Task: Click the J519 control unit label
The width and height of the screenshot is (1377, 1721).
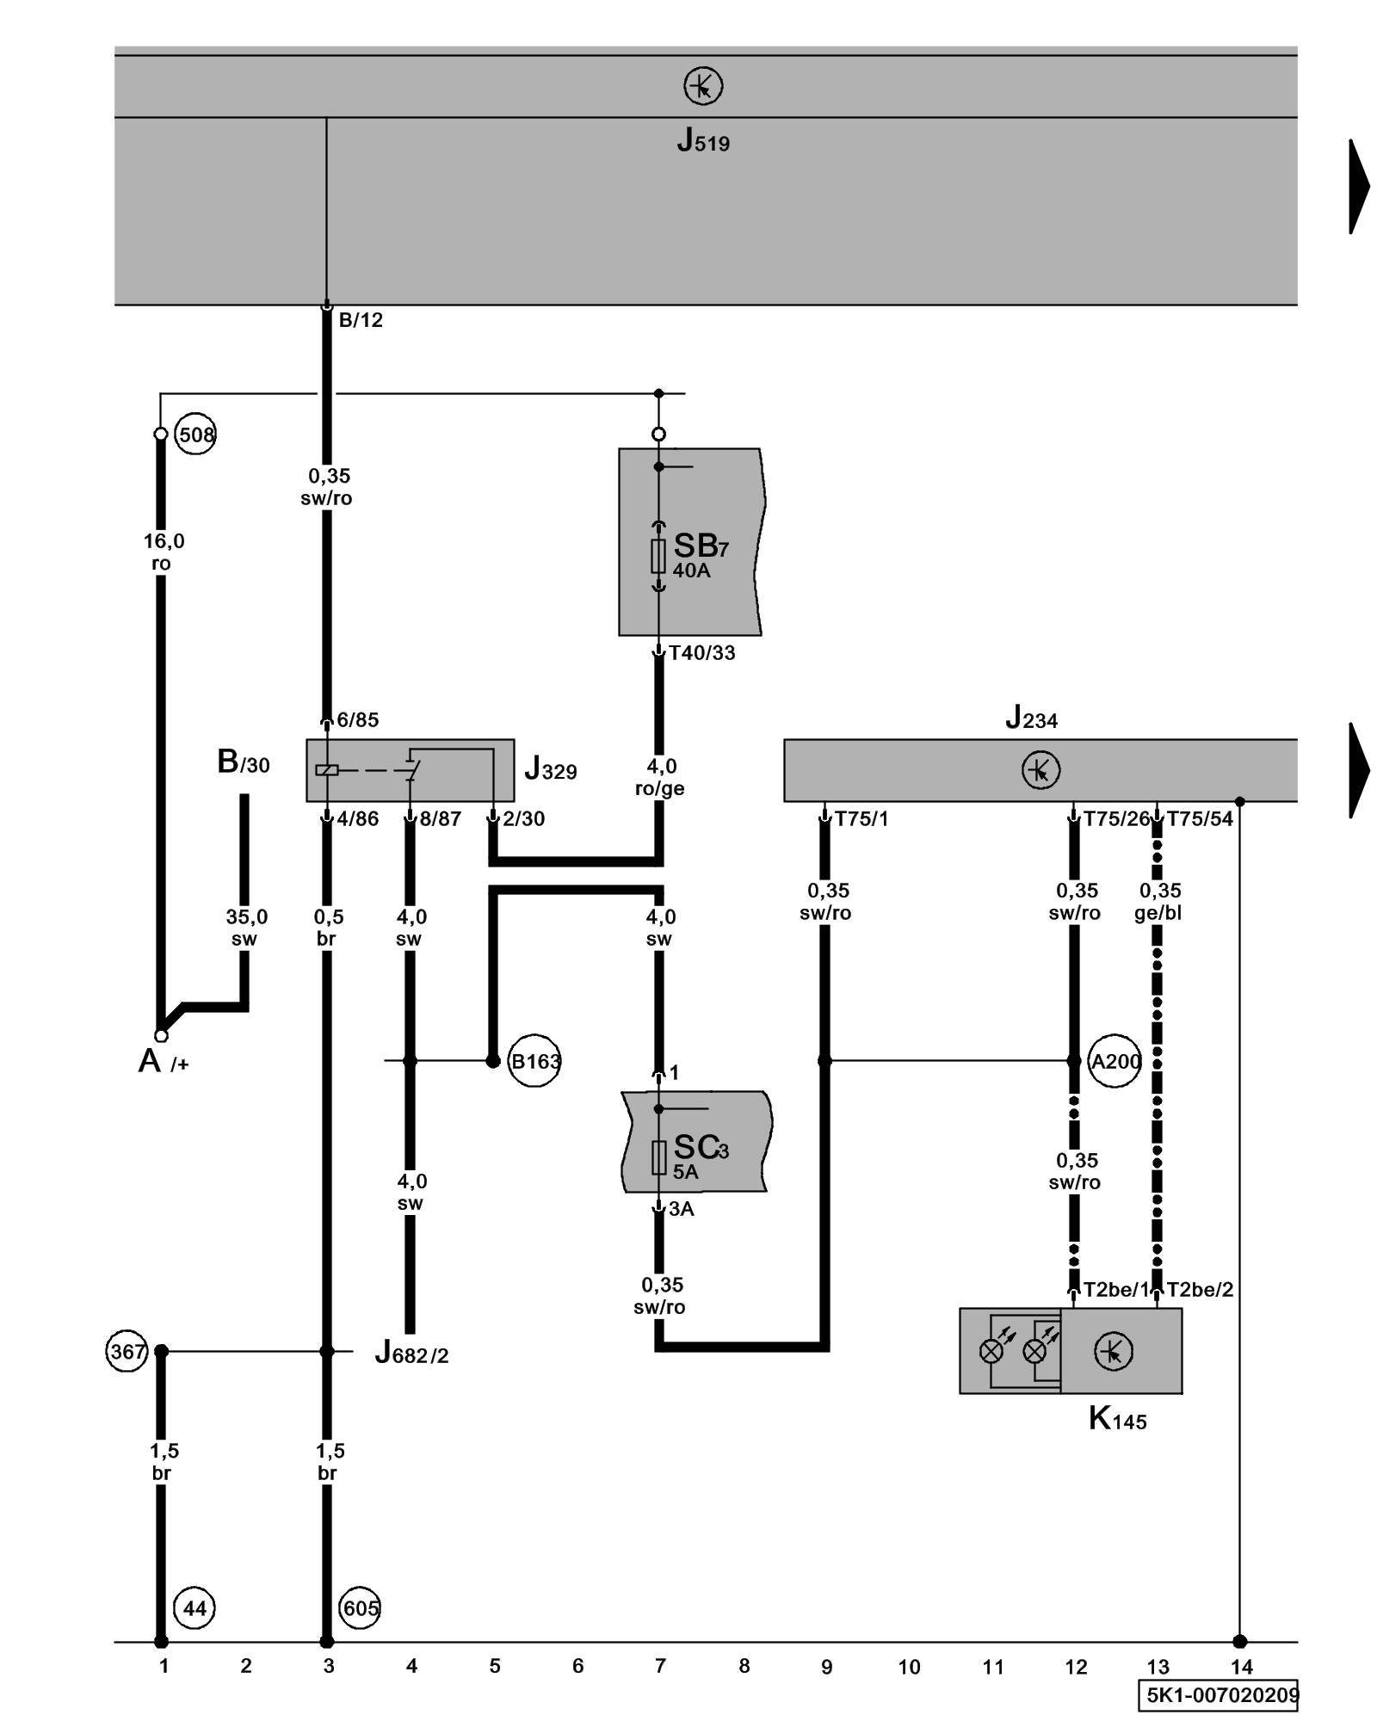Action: (x=702, y=140)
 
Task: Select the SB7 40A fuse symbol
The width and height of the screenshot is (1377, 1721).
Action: (x=658, y=556)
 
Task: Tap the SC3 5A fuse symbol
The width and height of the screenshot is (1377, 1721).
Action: (x=658, y=1157)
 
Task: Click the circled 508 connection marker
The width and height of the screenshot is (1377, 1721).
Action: (x=195, y=435)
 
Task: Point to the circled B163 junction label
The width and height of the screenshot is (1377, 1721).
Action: (x=534, y=1061)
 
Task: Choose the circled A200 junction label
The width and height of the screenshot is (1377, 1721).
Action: (x=1115, y=1061)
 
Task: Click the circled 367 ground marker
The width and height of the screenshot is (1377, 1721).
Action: (x=127, y=1351)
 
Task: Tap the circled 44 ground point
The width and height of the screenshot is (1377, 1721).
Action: (x=195, y=1608)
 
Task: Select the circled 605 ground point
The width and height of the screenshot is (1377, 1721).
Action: (x=360, y=1608)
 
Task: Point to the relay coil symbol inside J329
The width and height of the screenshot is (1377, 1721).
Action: (x=327, y=769)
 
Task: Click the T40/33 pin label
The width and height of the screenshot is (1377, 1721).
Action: (x=702, y=653)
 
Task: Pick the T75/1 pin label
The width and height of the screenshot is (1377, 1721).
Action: (x=861, y=819)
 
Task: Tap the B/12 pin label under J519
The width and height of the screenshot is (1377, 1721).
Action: (x=361, y=320)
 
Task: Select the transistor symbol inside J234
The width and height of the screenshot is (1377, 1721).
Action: (x=1040, y=769)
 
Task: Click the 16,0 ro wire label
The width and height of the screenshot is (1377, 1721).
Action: (x=163, y=552)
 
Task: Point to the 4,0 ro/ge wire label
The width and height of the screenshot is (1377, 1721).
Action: (x=660, y=777)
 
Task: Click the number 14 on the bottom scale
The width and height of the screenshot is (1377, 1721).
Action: (x=1241, y=1667)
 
